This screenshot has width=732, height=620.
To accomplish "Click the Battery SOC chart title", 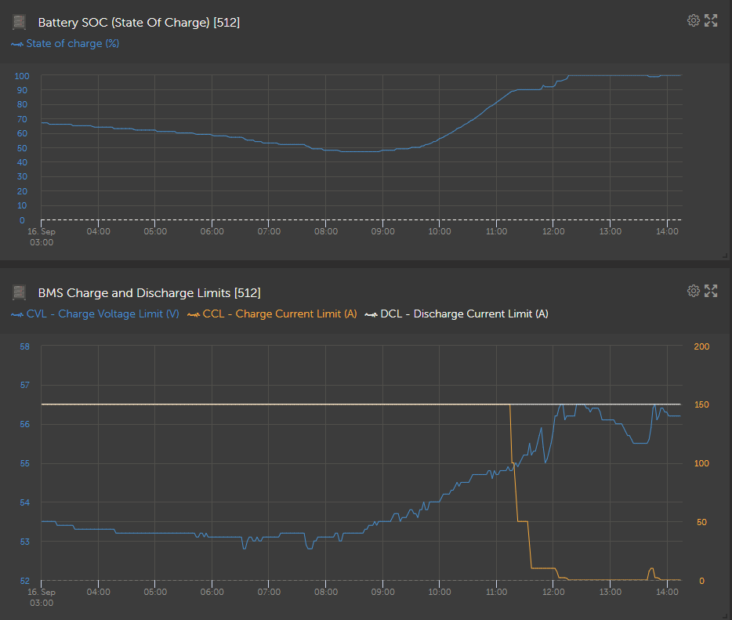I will tap(139, 23).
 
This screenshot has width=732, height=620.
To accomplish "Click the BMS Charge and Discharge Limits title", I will tap(149, 293).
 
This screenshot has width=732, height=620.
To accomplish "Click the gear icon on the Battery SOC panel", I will tap(693, 20).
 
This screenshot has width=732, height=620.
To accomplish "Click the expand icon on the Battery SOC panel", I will tap(711, 20).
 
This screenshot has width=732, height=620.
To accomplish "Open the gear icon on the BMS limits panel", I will tap(693, 291).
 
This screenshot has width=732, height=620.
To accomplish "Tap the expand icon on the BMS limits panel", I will tap(711, 291).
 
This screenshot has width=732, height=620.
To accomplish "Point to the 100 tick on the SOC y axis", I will tap(22, 76).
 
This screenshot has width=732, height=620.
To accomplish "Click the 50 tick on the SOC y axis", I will tap(24, 148).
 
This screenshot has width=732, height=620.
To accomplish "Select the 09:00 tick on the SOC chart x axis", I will tap(382, 231).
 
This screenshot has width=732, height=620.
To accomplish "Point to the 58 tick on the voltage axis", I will tap(24, 346).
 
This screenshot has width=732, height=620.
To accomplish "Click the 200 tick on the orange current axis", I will tap(701, 346).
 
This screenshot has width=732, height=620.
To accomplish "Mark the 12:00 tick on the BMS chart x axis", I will tap(553, 592).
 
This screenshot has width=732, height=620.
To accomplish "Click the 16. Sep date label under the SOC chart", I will tap(41, 231).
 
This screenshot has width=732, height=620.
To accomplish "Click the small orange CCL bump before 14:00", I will tap(651, 570).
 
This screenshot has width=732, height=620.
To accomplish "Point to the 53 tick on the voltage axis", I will tap(24, 542).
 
